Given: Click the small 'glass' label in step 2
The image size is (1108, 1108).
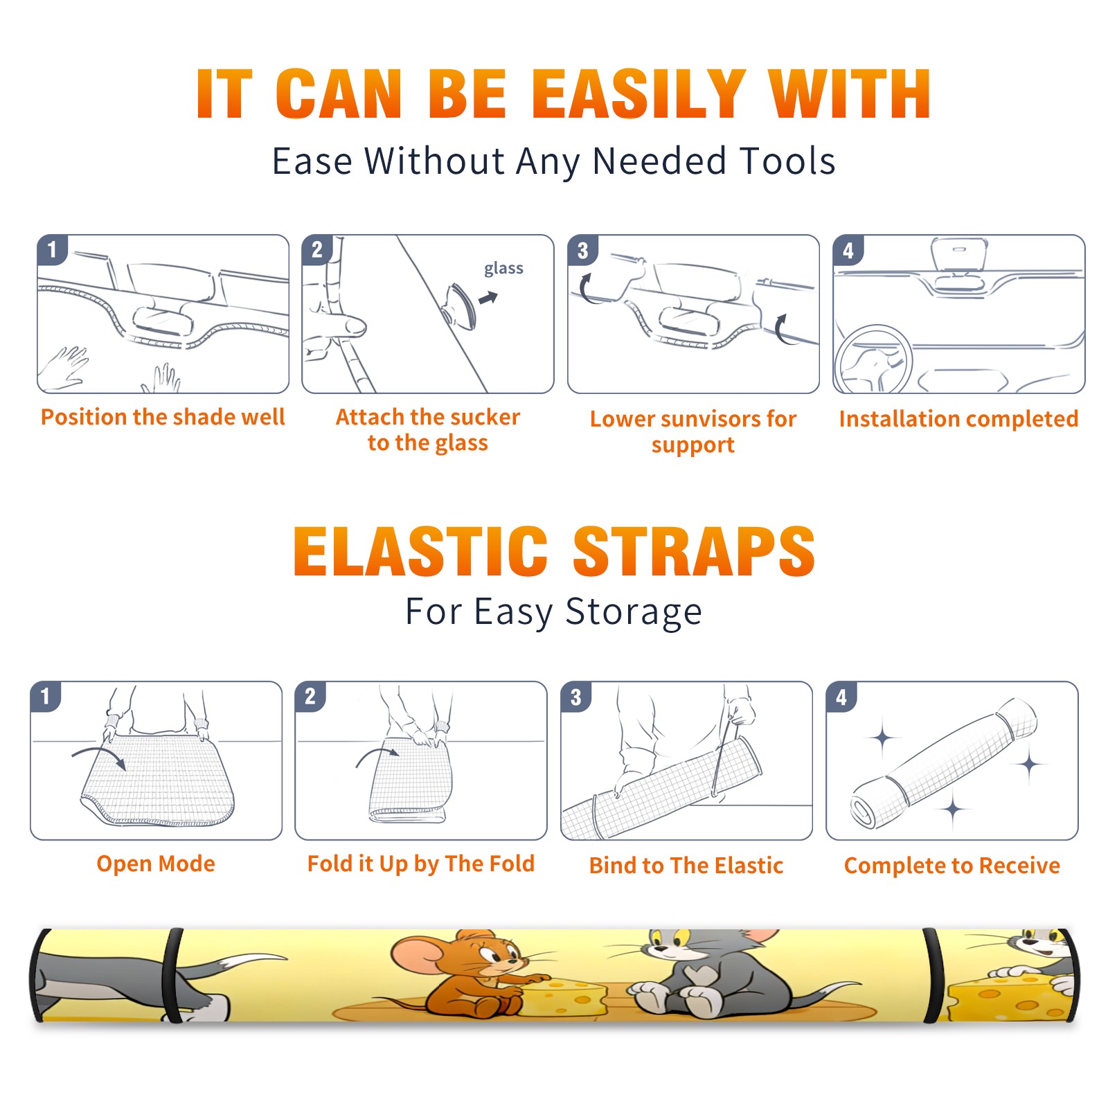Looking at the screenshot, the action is coord(503,269).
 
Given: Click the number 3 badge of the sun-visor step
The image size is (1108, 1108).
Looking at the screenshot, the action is coord(582,250).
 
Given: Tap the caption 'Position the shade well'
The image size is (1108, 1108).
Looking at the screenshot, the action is coord(163,417).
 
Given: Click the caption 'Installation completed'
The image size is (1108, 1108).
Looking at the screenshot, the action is coord(958,419).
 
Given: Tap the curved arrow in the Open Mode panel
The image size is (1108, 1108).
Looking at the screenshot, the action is coord(99,756).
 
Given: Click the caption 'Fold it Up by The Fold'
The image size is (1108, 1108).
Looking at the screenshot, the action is coord(421,864).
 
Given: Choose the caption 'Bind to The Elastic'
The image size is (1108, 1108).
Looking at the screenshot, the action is coord(686,866).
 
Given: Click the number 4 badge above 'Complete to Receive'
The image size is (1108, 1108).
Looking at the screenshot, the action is coord(841,697).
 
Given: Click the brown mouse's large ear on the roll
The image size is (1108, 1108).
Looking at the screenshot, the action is coord(415,958).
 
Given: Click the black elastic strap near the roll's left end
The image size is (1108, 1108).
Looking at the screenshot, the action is coord(172,975).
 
